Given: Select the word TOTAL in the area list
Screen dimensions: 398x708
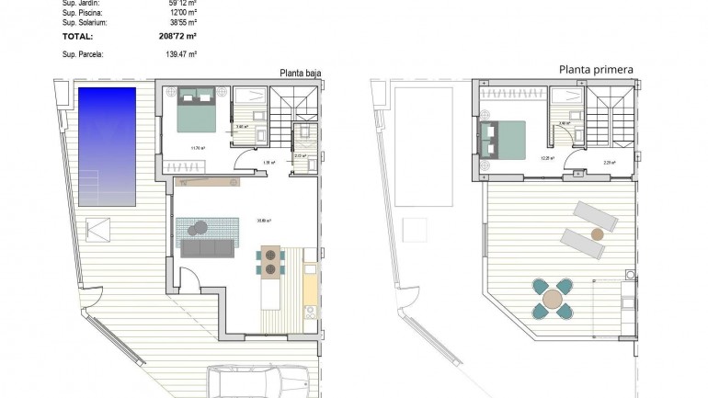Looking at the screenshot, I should [77, 37].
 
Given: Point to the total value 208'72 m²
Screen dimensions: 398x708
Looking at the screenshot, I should [177, 37].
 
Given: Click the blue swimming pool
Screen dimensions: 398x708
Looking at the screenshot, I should [108, 147].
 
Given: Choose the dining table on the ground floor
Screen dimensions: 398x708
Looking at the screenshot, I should [271, 262].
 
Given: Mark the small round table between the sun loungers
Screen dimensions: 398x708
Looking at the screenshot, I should [597, 233].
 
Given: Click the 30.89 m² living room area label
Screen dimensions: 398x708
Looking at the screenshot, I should [265, 219].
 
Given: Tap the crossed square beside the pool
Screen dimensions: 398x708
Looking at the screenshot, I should [96, 227].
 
